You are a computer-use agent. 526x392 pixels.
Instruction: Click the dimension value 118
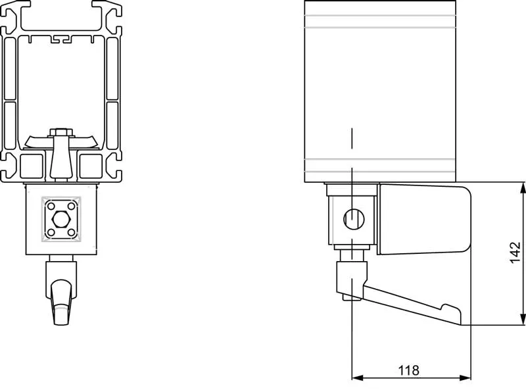click(x=408, y=370)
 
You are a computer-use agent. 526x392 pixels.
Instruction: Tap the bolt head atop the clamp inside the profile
click(x=60, y=132)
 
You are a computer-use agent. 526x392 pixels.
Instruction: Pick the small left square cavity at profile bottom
click(x=31, y=166)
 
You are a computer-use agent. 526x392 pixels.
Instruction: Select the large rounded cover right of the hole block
click(x=424, y=220)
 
